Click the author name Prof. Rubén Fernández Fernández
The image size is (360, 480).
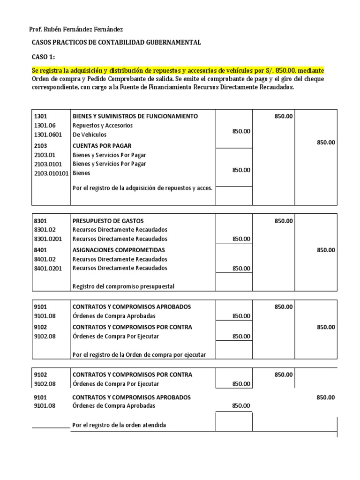[76, 29]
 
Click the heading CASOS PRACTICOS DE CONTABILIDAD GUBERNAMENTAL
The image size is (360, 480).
[116, 43]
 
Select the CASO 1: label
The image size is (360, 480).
[43, 57]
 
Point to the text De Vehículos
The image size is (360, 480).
[90, 135]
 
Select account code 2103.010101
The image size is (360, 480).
[52, 173]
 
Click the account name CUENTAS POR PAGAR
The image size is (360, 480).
[102, 146]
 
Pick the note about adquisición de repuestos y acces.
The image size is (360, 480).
[142, 188]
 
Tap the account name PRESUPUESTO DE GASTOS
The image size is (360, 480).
[108, 221]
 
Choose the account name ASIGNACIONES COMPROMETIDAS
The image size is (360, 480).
[119, 250]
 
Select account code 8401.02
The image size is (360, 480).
[45, 259]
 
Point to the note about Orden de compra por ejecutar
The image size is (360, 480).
[139, 355]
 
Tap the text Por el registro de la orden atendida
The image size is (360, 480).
[119, 425]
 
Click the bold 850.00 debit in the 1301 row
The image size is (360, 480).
[284, 116]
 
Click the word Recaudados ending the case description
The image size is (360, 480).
[275, 87]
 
